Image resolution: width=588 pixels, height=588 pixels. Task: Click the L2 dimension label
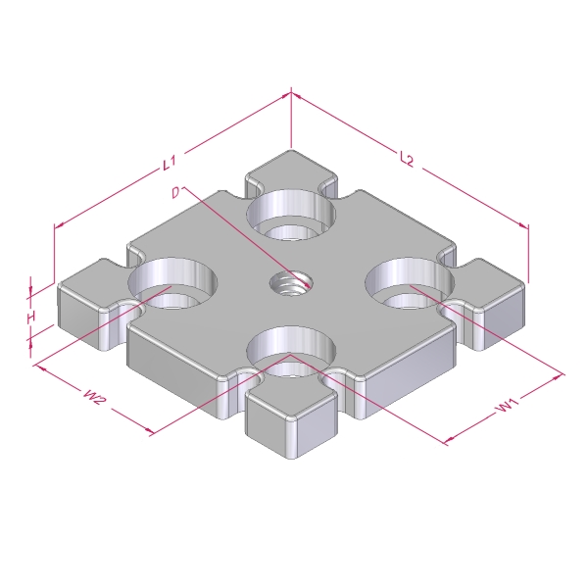click(407, 159)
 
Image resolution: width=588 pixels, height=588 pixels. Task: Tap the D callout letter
click(175, 192)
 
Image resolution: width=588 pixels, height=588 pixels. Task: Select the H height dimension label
click(31, 318)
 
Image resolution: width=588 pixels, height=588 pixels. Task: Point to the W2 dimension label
click(93, 397)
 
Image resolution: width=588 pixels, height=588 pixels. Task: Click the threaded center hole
click(291, 283)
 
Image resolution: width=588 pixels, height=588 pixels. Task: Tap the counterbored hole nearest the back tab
click(291, 216)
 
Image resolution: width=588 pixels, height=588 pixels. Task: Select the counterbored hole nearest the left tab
click(172, 283)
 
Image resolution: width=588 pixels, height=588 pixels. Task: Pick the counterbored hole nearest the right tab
click(410, 283)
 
